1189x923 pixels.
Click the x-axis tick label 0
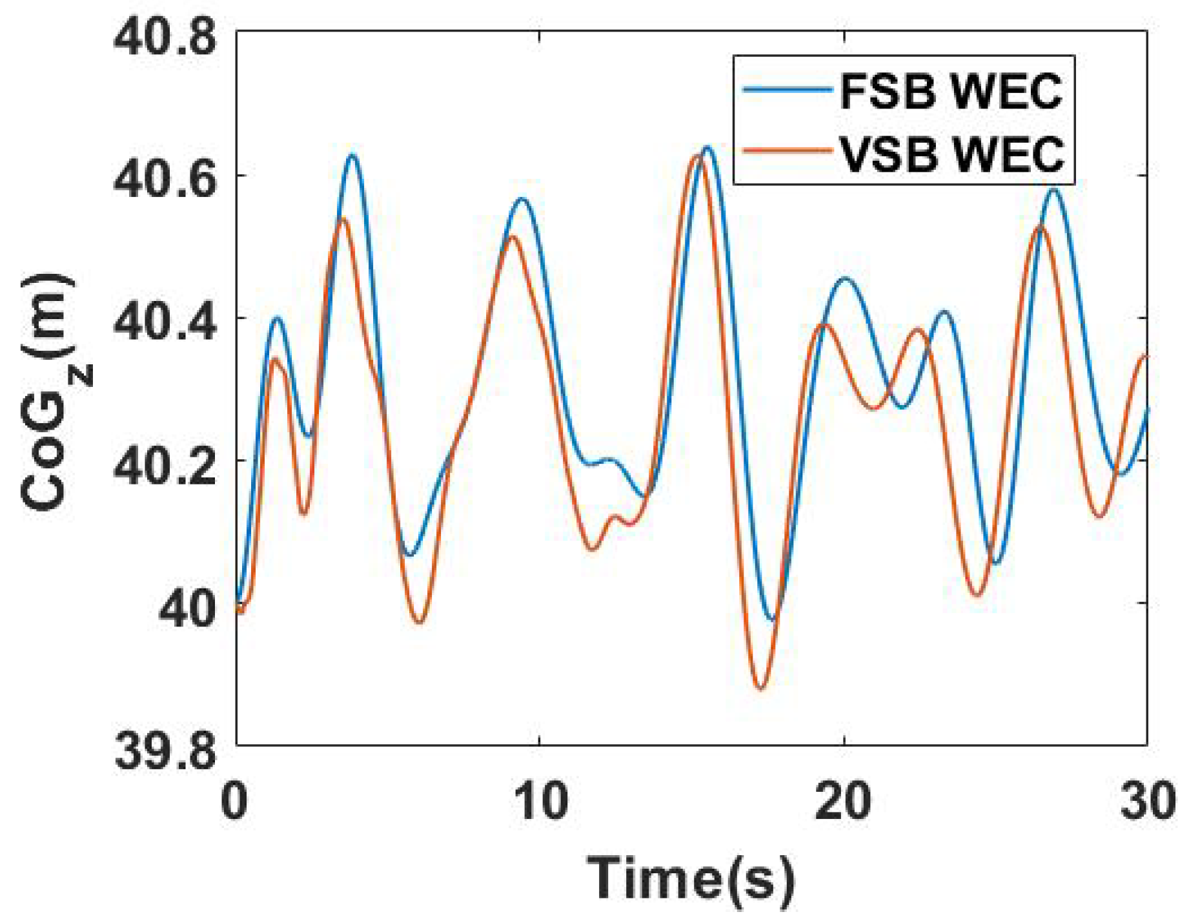234,801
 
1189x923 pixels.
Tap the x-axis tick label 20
843,801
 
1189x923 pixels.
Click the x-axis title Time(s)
691,877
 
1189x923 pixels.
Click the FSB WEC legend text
951,91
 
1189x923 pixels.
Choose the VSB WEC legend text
952,154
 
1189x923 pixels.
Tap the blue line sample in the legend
788,90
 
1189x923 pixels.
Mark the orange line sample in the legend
788,151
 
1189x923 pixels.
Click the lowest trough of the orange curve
761,689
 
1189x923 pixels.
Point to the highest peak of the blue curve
708,148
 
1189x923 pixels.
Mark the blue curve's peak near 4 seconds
352,155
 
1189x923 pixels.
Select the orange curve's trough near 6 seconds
420,623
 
